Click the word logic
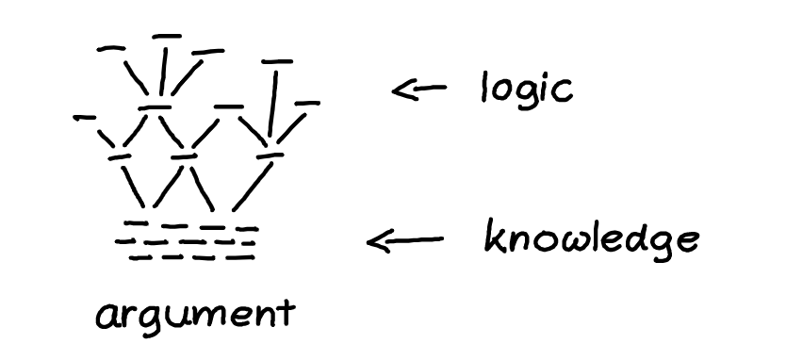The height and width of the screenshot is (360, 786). [x=526, y=90]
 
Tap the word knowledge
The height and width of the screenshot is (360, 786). [x=592, y=239]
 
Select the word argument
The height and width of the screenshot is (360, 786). [x=195, y=315]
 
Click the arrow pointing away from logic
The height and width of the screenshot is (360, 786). [x=419, y=90]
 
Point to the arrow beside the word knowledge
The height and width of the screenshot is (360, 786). [x=405, y=240]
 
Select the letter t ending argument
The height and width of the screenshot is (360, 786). [x=287, y=313]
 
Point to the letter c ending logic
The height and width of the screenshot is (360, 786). [x=564, y=92]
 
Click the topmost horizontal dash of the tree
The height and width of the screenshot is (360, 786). [x=167, y=36]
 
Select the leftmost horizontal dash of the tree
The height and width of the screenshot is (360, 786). [x=84, y=118]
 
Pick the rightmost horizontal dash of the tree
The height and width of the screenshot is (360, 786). [x=307, y=104]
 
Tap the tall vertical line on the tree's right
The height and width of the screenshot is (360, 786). [x=273, y=104]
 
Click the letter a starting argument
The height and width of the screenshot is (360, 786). [x=106, y=318]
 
